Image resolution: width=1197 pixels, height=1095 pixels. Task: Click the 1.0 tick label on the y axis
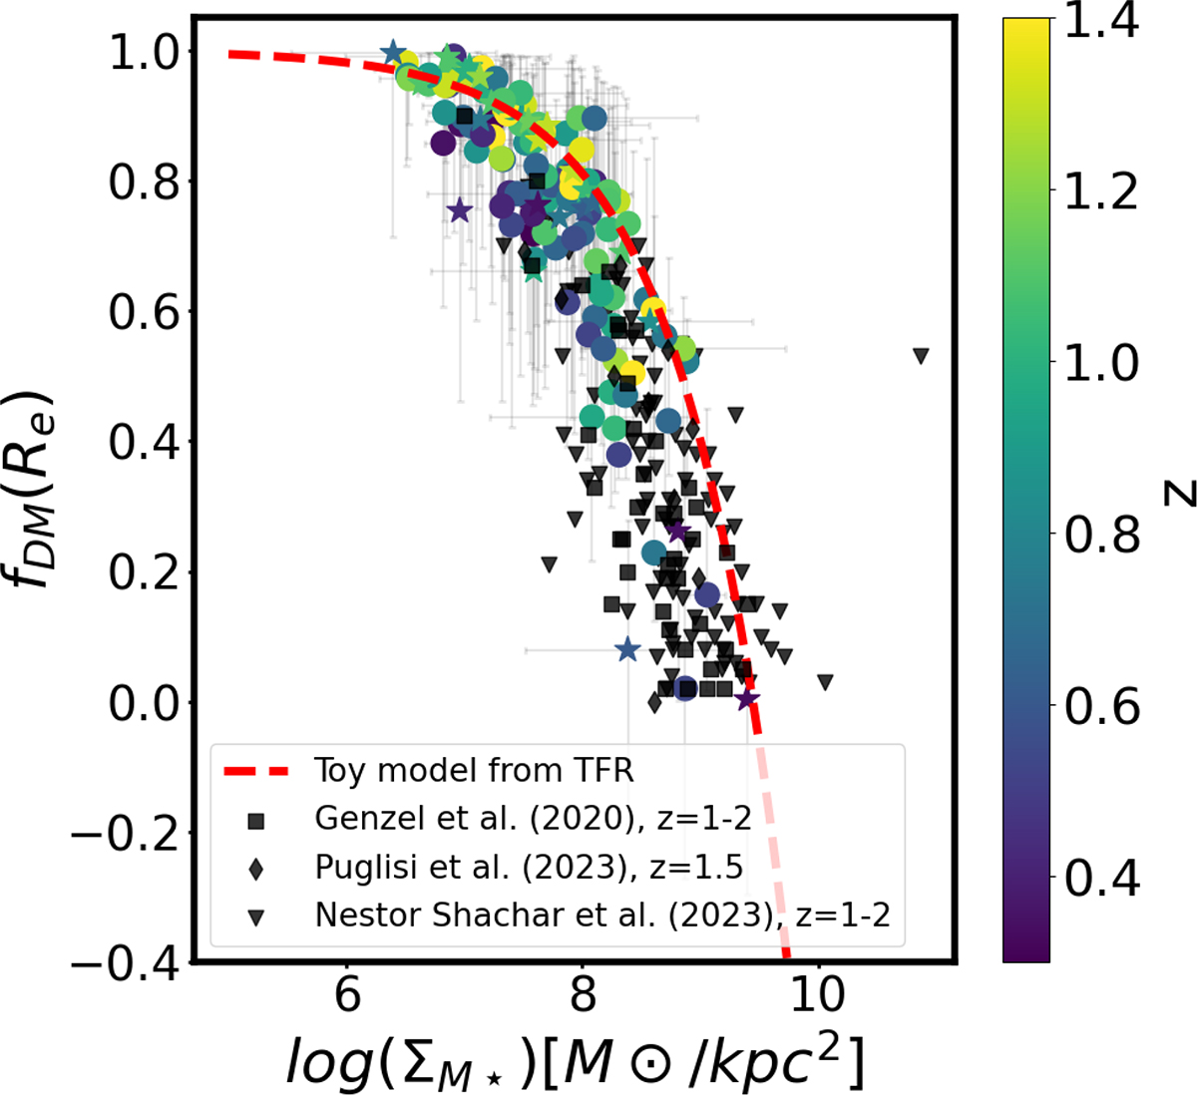(x=140, y=53)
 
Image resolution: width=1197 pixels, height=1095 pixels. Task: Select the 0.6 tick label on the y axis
(x=140, y=313)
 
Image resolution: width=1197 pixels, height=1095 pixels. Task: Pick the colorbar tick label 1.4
(x=1101, y=22)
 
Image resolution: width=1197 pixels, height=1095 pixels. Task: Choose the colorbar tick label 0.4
(x=1101, y=879)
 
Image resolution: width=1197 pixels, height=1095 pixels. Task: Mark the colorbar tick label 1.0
(x=1101, y=364)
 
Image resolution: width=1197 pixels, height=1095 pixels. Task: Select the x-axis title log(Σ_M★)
(x=574, y=1059)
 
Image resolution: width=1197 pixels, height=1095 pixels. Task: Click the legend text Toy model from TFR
(x=474, y=771)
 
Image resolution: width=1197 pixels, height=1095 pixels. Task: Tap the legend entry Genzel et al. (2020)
(x=532, y=819)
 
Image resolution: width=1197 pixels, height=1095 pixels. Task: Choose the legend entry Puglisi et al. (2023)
(x=529, y=868)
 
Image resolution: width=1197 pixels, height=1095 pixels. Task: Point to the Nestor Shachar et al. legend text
(x=601, y=915)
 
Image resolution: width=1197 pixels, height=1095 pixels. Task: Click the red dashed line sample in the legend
(x=256, y=771)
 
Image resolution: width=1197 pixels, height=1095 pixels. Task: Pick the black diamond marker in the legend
(x=256, y=869)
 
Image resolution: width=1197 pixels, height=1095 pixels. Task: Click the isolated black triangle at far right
(x=921, y=355)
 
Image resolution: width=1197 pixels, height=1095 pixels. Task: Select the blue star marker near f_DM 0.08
(x=626, y=650)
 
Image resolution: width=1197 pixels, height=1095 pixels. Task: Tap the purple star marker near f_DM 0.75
(x=459, y=210)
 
